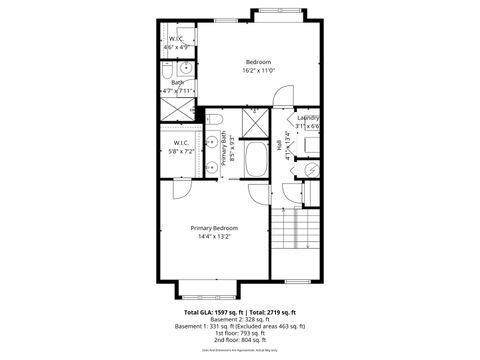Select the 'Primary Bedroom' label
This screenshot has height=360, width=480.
pos(214,228)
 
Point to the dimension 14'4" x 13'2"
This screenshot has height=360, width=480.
pos(214,238)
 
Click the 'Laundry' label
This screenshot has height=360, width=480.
pos(307,118)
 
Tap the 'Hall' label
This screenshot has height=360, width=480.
pos(279,145)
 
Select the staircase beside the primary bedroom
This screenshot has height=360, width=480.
pos(298,232)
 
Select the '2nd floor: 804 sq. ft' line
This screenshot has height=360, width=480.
pos(241,342)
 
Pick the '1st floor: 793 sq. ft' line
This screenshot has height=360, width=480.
pos(241,334)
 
